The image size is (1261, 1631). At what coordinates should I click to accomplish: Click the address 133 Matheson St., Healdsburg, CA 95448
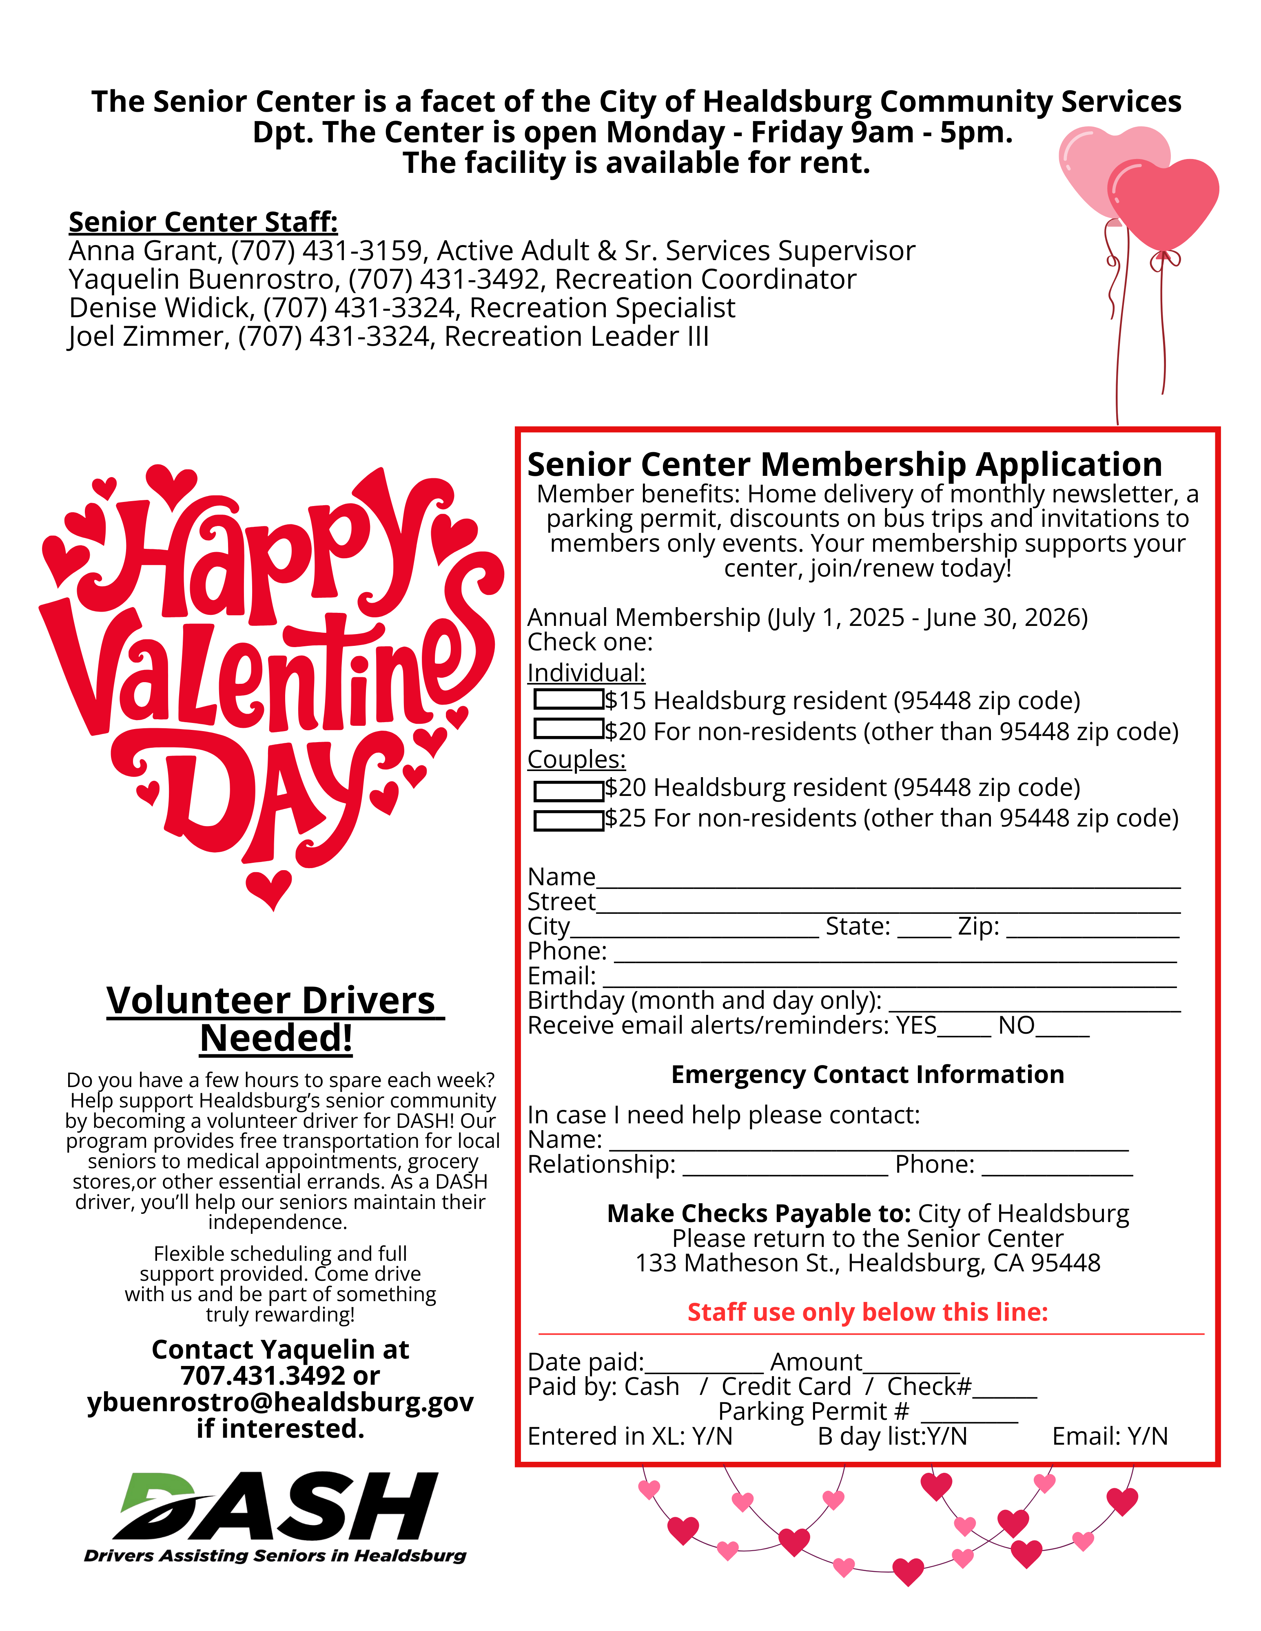point(867,1263)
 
